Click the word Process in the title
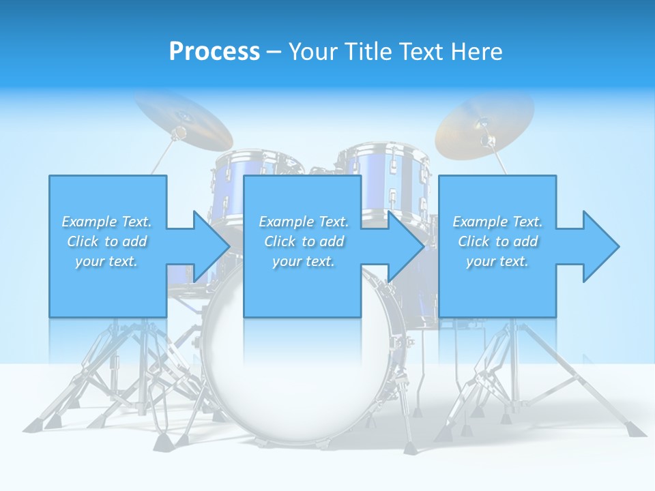214,52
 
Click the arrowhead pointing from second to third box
405,246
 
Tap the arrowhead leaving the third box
600,246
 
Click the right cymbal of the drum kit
484,123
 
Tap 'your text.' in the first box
106,261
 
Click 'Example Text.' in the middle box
304,222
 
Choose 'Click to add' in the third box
498,241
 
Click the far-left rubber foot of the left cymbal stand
31,427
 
